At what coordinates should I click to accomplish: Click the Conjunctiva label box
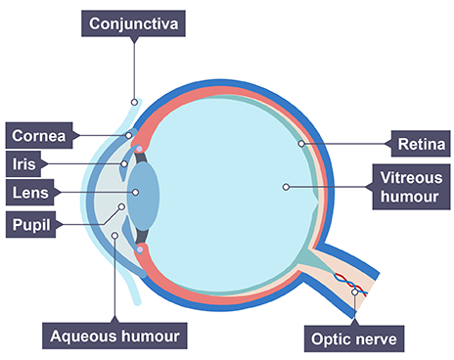[133, 23]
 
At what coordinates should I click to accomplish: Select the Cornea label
[39, 136]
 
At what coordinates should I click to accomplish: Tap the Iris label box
[23, 163]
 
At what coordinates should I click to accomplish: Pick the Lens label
[30, 193]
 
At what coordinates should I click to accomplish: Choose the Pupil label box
[31, 225]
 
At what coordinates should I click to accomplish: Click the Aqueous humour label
[114, 336]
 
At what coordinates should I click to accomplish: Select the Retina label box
[421, 144]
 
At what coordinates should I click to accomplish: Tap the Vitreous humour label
[412, 187]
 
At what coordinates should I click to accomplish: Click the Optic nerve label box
[354, 338]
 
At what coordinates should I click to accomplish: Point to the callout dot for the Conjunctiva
[134, 103]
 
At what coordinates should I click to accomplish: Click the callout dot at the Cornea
[129, 135]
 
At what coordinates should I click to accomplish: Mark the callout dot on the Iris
[124, 163]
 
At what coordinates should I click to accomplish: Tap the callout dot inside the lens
[135, 193]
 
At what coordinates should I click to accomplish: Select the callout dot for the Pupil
[121, 206]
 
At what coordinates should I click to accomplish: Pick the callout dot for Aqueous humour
[114, 235]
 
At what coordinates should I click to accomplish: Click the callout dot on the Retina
[301, 144]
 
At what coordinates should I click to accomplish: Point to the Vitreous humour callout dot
[286, 187]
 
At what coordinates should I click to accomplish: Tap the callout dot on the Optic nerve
[355, 292]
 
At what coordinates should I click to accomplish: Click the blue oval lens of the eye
[144, 197]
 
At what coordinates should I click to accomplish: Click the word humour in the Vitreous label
[410, 197]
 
